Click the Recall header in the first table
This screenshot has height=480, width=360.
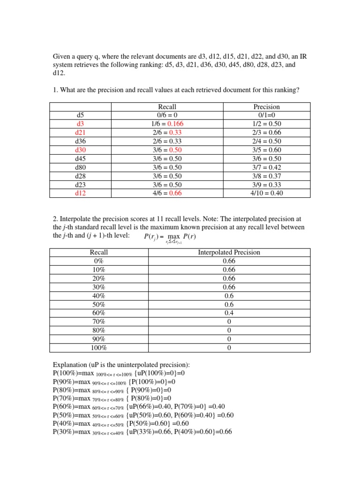tap(167, 107)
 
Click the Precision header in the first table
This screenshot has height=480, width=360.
tap(266, 107)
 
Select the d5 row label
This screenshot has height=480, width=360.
tap(80, 115)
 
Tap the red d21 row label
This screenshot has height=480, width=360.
tap(80, 133)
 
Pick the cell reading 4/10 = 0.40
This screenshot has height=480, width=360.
tap(266, 193)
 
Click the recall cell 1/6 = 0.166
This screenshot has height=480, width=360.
tap(167, 124)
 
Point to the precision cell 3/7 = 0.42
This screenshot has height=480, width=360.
tap(266, 167)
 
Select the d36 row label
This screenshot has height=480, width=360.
tap(80, 141)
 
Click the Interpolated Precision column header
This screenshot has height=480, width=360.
tap(229, 252)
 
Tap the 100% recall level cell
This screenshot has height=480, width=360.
tap(99, 348)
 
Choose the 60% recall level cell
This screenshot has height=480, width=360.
tap(99, 313)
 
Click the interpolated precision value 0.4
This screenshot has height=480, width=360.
tap(229, 313)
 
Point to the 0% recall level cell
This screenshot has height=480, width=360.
tap(99, 261)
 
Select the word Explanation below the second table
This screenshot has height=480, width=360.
tap(70, 365)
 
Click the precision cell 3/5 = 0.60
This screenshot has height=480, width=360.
tap(266, 150)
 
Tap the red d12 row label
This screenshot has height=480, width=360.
tap(80, 193)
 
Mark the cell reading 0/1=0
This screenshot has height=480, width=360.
tap(266, 115)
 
